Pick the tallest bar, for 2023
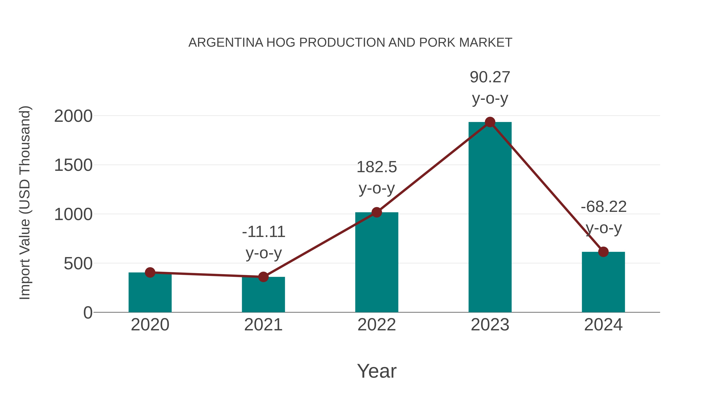click(490, 218)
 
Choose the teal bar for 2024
click(603, 283)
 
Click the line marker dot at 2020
click(150, 272)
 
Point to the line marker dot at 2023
click(490, 122)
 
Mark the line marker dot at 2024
click(603, 252)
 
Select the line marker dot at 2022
click(377, 212)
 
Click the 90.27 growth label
click(490, 77)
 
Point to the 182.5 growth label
click(377, 167)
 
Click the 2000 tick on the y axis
click(73, 116)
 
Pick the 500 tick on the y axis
click(78, 264)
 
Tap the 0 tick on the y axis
click(88, 313)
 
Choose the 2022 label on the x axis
click(377, 325)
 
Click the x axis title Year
click(377, 371)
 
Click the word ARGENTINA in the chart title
click(226, 43)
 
